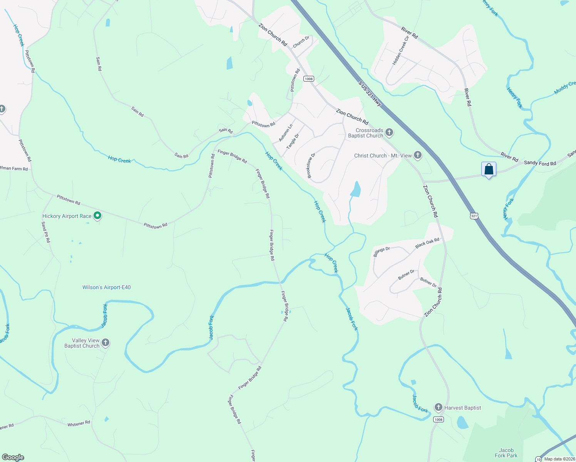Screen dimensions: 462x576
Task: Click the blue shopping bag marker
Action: click(489, 169)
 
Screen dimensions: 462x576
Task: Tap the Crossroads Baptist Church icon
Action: click(389, 133)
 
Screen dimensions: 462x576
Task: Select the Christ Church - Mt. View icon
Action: click(418, 156)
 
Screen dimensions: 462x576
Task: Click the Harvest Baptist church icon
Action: click(438, 407)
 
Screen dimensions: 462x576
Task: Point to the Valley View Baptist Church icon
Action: click(105, 343)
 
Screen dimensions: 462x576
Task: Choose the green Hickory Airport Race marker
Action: click(97, 216)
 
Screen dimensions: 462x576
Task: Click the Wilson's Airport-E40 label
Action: click(107, 287)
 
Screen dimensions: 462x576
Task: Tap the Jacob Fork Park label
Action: click(506, 453)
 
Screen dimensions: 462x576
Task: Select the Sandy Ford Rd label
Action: click(540, 163)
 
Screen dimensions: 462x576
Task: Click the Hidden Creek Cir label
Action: click(400, 51)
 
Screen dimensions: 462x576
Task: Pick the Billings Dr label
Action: click(382, 252)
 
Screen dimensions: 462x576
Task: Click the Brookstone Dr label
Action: click(311, 166)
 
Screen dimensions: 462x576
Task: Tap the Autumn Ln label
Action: click(286, 133)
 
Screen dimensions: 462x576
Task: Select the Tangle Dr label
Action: click(293, 142)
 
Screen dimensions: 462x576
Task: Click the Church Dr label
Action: click(301, 42)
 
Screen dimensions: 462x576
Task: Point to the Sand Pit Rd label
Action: click(46, 232)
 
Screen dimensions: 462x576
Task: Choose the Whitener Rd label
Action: click(79, 423)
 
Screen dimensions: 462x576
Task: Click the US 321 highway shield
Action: click(474, 216)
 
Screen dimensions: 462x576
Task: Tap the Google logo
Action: click(13, 457)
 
